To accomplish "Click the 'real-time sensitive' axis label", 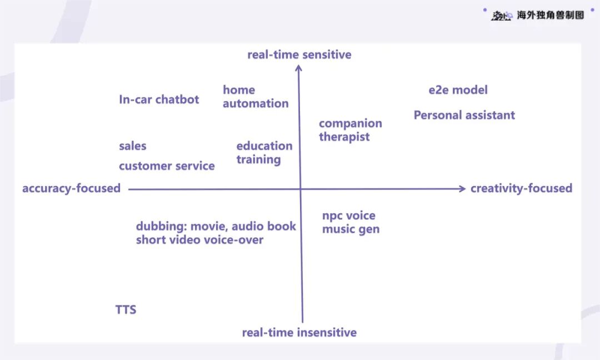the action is pyautogui.click(x=299, y=54).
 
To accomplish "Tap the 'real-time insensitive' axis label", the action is pyautogui.click(x=299, y=332).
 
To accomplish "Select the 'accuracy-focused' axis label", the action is pyautogui.click(x=71, y=188).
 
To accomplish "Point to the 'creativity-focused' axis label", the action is pyautogui.click(x=521, y=188).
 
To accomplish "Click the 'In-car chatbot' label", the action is pyautogui.click(x=159, y=99).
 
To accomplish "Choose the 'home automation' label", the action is pyautogui.click(x=256, y=97).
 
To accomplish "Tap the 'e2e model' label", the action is pyautogui.click(x=458, y=90).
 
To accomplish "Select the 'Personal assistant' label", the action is pyautogui.click(x=464, y=115).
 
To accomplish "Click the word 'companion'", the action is pyautogui.click(x=351, y=123).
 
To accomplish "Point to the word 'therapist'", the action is pyautogui.click(x=344, y=137).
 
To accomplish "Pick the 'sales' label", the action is pyautogui.click(x=132, y=146).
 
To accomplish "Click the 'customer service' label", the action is pyautogui.click(x=167, y=166).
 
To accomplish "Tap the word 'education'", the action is pyautogui.click(x=264, y=146).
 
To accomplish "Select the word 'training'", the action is pyautogui.click(x=259, y=159).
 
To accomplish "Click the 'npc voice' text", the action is pyautogui.click(x=348, y=216).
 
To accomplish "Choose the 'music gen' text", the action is pyautogui.click(x=351, y=229).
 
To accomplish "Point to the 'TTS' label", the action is pyautogui.click(x=126, y=309).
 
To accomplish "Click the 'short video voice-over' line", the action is pyautogui.click(x=200, y=240).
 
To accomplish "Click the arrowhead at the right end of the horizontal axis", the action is pyautogui.click(x=463, y=188).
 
